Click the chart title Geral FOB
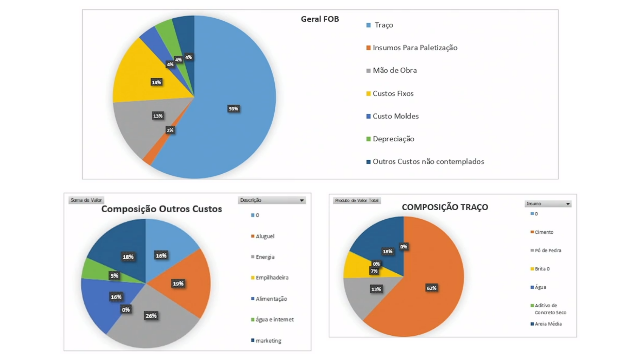click(320, 19)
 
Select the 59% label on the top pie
click(233, 109)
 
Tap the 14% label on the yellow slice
click(156, 82)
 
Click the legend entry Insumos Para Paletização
click(415, 48)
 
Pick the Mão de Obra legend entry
click(395, 70)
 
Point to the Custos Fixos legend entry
click(393, 94)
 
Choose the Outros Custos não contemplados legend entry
click(428, 162)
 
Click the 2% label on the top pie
click(170, 130)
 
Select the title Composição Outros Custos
click(162, 209)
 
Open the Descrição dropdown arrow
click(302, 200)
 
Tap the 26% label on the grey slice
click(151, 316)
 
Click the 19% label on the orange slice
click(178, 284)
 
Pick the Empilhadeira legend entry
click(272, 278)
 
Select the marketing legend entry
click(268, 341)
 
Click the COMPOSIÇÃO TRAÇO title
click(445, 207)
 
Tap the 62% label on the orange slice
click(431, 288)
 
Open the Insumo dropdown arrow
click(568, 204)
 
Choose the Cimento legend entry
click(544, 232)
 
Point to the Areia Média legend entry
click(548, 324)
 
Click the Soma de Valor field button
click(86, 200)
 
